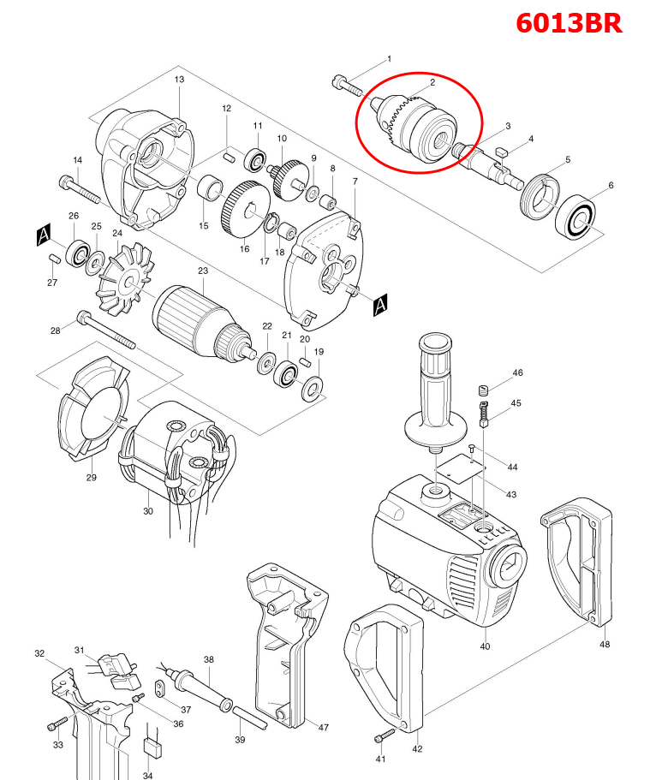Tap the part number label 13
pyautogui.click(x=179, y=80)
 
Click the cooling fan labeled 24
pyautogui.click(x=123, y=275)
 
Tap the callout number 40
pyautogui.click(x=485, y=646)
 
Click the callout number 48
pyautogui.click(x=605, y=645)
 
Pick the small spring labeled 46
pyautogui.click(x=483, y=390)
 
